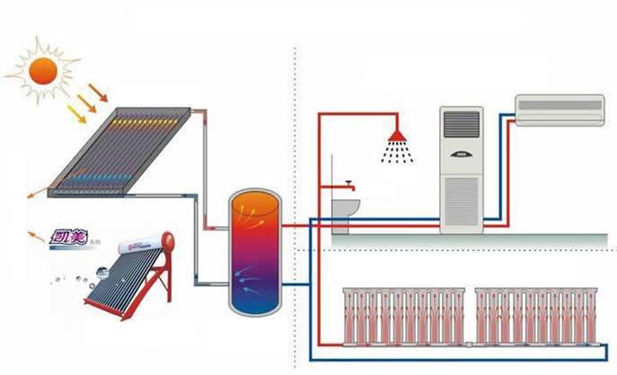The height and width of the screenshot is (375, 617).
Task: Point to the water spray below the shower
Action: pyautogui.click(x=396, y=153)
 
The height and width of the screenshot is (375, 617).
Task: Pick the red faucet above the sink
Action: pyautogui.click(x=346, y=186)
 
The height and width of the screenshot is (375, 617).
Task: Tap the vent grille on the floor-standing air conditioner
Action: pyautogui.click(x=462, y=199)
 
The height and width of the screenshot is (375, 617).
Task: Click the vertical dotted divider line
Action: pyautogui.click(x=295, y=179)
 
